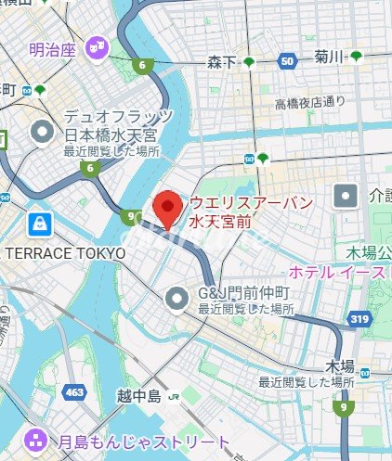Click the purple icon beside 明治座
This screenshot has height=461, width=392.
pos(96,45)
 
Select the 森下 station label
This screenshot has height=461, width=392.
pos(220,62)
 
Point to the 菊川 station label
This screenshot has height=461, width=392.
pos(329,58)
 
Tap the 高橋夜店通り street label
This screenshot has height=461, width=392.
pos(309,101)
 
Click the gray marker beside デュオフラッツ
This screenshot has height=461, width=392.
pos(42,133)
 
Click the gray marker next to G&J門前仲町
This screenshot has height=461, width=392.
pos(177,299)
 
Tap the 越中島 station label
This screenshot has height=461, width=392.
pos(139,397)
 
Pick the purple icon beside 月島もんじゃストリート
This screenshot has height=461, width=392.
pos(36,440)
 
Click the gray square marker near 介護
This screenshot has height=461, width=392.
pos(346,197)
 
